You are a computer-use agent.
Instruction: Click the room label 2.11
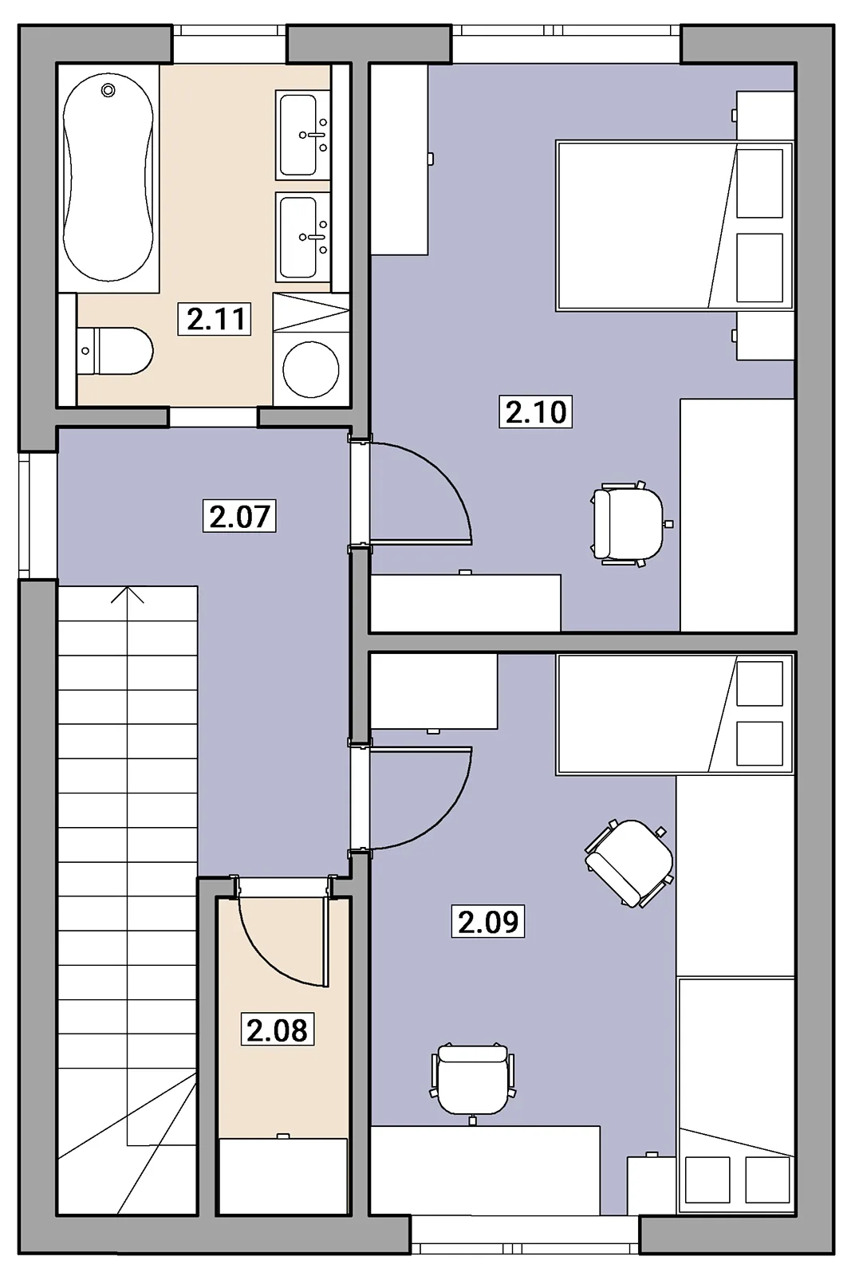tap(215, 319)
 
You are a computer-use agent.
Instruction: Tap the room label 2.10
tap(535, 412)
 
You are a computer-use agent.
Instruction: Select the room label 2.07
tap(239, 516)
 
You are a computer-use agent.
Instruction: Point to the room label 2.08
tap(277, 1030)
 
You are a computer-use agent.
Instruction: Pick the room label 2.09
tap(487, 921)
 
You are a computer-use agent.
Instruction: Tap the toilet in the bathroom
tap(115, 351)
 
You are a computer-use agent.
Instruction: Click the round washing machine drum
tap(311, 369)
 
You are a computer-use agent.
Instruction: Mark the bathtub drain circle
tap(108, 90)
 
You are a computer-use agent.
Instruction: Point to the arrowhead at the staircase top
tap(127, 595)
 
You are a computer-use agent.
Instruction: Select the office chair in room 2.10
tap(628, 524)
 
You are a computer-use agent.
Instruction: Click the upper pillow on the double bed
tap(759, 183)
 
